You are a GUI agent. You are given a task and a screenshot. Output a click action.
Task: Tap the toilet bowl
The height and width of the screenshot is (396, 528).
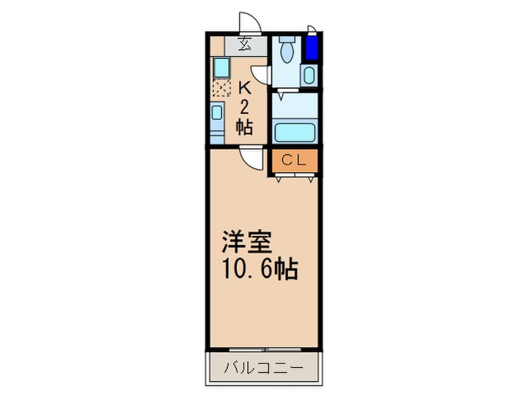coord(287,52)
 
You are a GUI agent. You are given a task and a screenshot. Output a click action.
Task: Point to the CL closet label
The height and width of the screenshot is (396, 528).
coord(293,160)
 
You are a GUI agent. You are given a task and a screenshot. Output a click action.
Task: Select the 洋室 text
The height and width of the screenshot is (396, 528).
coord(241,243)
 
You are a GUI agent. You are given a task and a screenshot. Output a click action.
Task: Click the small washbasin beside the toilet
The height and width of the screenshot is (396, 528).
coord(308,75)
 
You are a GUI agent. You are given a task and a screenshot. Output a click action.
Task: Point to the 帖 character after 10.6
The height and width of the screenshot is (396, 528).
coord(287,268)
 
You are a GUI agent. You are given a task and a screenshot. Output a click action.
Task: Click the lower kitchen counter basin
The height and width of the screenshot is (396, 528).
coord(217,113)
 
